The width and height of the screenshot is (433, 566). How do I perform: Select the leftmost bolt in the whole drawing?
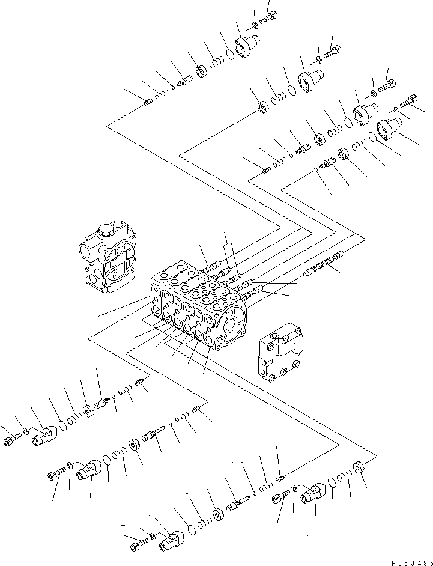coord(12,443)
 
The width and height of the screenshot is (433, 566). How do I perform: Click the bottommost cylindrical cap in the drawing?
coord(171,541)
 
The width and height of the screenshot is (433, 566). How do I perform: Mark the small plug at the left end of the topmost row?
coord(148,103)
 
